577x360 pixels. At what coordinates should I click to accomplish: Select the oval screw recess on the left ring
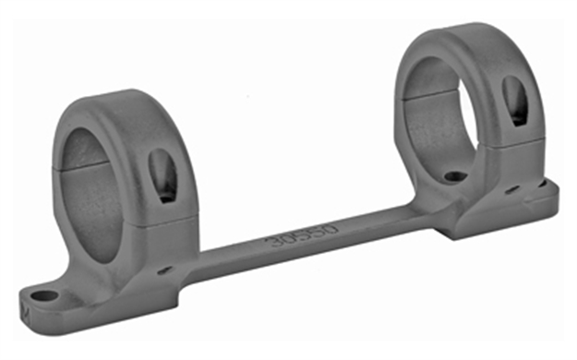point(162,175)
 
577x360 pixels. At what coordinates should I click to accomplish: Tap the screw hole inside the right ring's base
point(453,175)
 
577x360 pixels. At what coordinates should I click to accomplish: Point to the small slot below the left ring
point(163,270)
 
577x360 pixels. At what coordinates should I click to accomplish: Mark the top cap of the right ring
point(462,37)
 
